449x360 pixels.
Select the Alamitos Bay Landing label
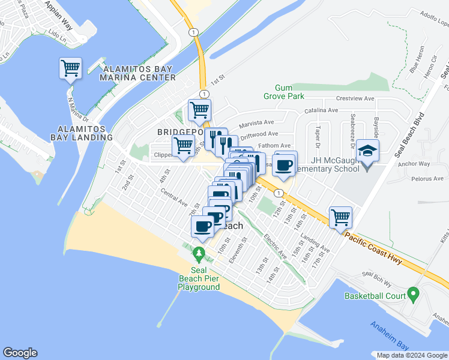point(82,133)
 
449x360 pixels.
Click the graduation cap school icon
point(367,150)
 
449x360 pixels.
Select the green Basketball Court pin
point(413,295)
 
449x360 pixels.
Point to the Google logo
point(20,353)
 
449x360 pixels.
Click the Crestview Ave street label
point(355,98)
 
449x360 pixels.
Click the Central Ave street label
point(175,197)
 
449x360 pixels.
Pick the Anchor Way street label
point(414,163)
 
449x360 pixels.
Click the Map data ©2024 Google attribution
point(411,355)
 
